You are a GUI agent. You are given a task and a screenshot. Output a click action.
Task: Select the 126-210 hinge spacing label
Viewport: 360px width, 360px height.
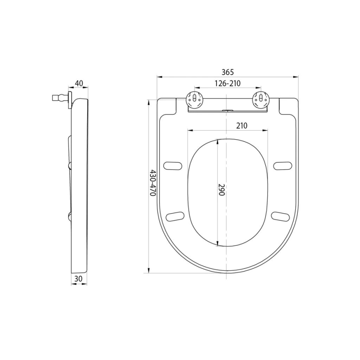[x=228, y=83]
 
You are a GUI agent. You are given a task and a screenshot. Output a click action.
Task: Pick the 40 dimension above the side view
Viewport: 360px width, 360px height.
[x=79, y=83]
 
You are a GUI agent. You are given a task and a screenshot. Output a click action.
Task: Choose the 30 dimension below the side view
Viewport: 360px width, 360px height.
[x=78, y=279]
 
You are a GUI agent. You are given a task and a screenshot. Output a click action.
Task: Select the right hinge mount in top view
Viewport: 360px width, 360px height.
[x=260, y=99]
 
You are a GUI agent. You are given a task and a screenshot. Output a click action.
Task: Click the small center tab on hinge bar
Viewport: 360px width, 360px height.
[x=227, y=110]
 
